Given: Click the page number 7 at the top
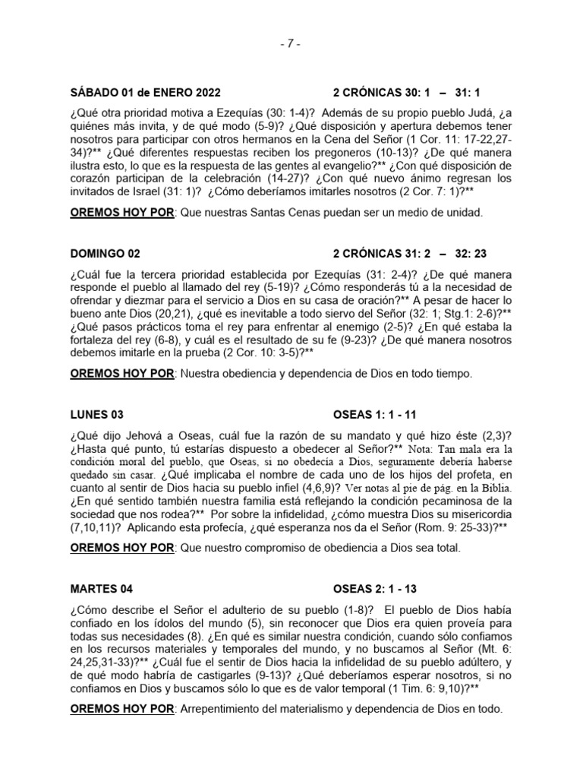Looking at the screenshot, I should click(291, 44).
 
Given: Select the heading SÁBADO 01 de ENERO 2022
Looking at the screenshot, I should click(145, 93).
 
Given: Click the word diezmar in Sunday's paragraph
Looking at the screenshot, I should click(126, 299).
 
